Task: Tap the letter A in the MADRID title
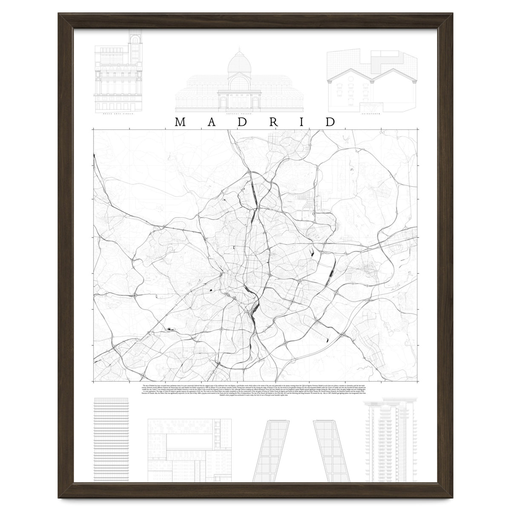[211, 122]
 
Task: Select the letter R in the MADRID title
[274, 122]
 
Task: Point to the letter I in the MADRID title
[301, 122]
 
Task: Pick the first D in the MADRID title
[242, 122]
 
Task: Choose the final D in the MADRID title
[330, 122]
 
